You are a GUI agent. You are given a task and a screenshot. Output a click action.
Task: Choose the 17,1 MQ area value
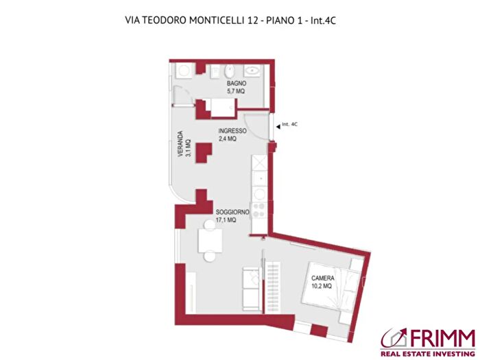[226, 221]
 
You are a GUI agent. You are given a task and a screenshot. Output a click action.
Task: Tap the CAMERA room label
[322, 278]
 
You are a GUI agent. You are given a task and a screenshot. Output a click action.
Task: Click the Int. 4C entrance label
[291, 125]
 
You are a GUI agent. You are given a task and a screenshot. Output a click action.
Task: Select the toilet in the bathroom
[228, 72]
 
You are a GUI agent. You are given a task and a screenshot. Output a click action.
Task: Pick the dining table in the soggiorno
[208, 241]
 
